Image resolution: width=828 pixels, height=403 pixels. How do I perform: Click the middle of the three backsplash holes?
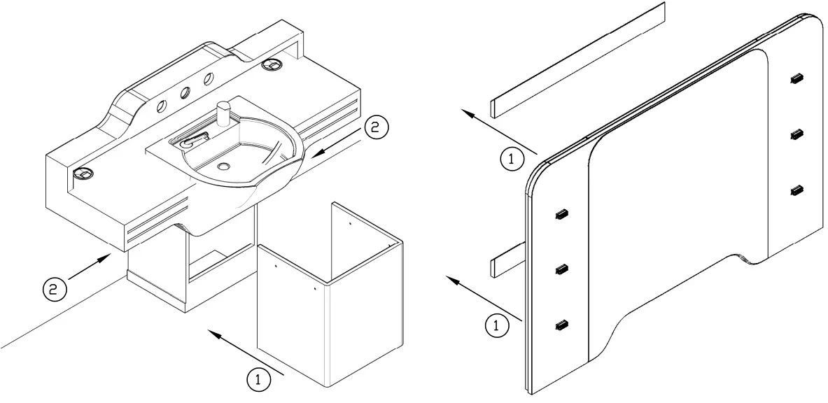pyautogui.click(x=185, y=93)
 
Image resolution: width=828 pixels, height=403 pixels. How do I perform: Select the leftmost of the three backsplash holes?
pyautogui.click(x=162, y=106)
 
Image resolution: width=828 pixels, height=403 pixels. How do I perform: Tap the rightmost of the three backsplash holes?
pyautogui.click(x=209, y=80)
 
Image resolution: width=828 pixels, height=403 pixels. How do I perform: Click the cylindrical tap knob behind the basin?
pyautogui.click(x=224, y=113)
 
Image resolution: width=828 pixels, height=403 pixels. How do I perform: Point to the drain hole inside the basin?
pyautogui.click(x=223, y=167)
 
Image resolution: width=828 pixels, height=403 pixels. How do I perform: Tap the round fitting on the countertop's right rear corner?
pyautogui.click(x=272, y=65)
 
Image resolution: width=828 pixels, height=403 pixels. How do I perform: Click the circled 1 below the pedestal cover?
pyautogui.click(x=258, y=379)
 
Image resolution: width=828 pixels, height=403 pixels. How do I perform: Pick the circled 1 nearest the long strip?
pyautogui.click(x=512, y=160)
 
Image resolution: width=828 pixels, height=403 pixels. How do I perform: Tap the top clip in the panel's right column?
pyautogui.click(x=795, y=79)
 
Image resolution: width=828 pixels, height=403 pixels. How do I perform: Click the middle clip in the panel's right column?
pyautogui.click(x=795, y=134)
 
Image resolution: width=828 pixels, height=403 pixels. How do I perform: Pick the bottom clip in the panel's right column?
pyautogui.click(x=795, y=190)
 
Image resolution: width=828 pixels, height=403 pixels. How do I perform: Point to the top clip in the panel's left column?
pyautogui.click(x=561, y=214)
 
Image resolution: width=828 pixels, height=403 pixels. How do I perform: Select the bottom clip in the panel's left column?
pyautogui.click(x=561, y=324)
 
